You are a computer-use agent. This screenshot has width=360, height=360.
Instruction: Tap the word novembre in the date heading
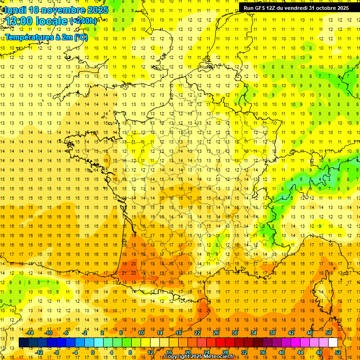pyautogui.click(x=60, y=10)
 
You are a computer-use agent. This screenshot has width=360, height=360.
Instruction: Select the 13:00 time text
pyautogui.click(x=20, y=22)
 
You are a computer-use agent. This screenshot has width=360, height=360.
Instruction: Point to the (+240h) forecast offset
pyautogui.click(x=83, y=21)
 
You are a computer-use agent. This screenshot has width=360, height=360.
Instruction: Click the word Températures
pyautogui.click(x=29, y=37)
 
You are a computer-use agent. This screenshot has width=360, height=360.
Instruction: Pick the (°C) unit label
pyautogui.click(x=81, y=37)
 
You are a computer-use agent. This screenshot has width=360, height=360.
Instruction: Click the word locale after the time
pyautogui.click(x=52, y=22)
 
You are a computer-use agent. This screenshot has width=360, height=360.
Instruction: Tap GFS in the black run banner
pyautogui.click(x=262, y=8)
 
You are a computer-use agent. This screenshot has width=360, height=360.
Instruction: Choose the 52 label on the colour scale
pyautogui.click(x=338, y=352)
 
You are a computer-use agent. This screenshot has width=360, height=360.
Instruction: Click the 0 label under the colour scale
pyautogui.click(x=92, y=352)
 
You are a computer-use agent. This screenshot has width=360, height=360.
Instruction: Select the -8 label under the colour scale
pyautogui.click(x=57, y=352)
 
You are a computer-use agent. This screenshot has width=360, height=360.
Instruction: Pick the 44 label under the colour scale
pyautogui.click(x=300, y=352)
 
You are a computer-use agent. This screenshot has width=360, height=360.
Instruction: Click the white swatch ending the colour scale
pyautogui.click(x=333, y=343)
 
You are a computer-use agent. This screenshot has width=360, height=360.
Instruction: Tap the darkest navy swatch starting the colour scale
pyautogui.click(x=23, y=343)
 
